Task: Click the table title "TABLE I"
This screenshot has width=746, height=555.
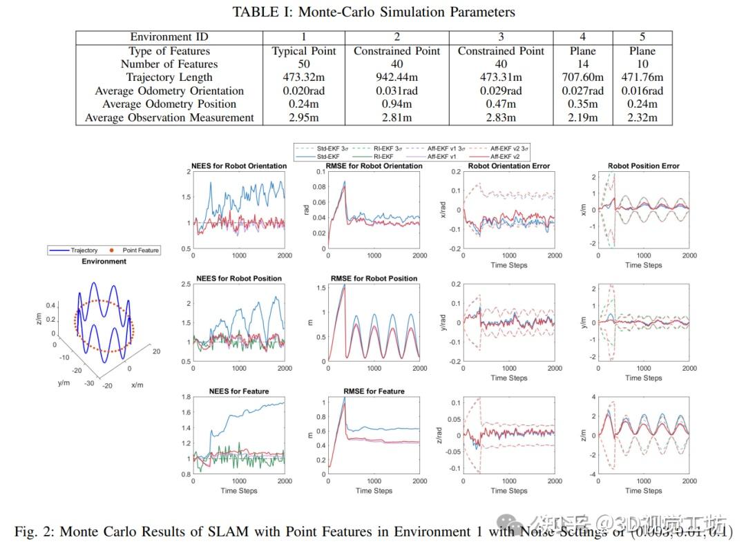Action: [x=262, y=12]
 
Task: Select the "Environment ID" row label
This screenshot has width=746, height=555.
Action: [x=169, y=37]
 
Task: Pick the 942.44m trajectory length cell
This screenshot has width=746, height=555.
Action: [x=397, y=77]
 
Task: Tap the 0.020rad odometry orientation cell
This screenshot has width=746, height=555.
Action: [x=304, y=90]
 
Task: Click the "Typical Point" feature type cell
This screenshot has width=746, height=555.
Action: [x=304, y=51]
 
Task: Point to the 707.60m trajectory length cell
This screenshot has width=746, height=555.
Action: [x=582, y=77]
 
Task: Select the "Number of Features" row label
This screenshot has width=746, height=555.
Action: [x=169, y=64]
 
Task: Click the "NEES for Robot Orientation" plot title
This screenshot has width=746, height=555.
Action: [x=238, y=166]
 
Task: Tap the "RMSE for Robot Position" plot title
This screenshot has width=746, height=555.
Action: [x=374, y=278]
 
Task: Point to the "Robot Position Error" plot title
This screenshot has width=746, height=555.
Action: [x=644, y=166]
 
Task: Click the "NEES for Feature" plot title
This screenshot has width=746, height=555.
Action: [x=238, y=391]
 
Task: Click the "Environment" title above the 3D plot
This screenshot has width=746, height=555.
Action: [x=104, y=262]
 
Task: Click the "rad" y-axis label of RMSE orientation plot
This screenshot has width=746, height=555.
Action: [x=307, y=210]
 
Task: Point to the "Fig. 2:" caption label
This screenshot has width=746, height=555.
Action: [x=35, y=532]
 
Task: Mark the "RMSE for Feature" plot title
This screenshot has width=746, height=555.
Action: [x=374, y=391]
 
